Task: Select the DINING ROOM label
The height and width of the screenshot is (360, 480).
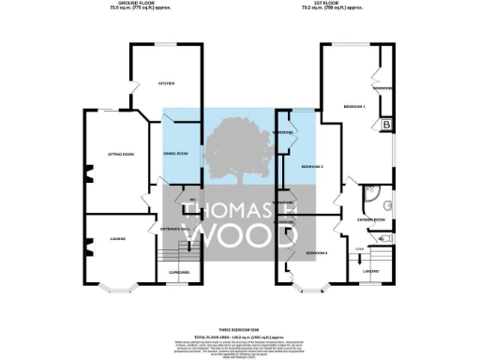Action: [176, 153]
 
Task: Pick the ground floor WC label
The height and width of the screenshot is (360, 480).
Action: [191, 202]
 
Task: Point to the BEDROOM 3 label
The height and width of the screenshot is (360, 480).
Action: [312, 166]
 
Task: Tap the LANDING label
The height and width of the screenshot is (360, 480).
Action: [371, 272]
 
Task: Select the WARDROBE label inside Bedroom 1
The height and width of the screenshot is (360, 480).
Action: [382, 89]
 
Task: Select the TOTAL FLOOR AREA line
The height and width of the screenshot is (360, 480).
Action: [238, 336]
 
